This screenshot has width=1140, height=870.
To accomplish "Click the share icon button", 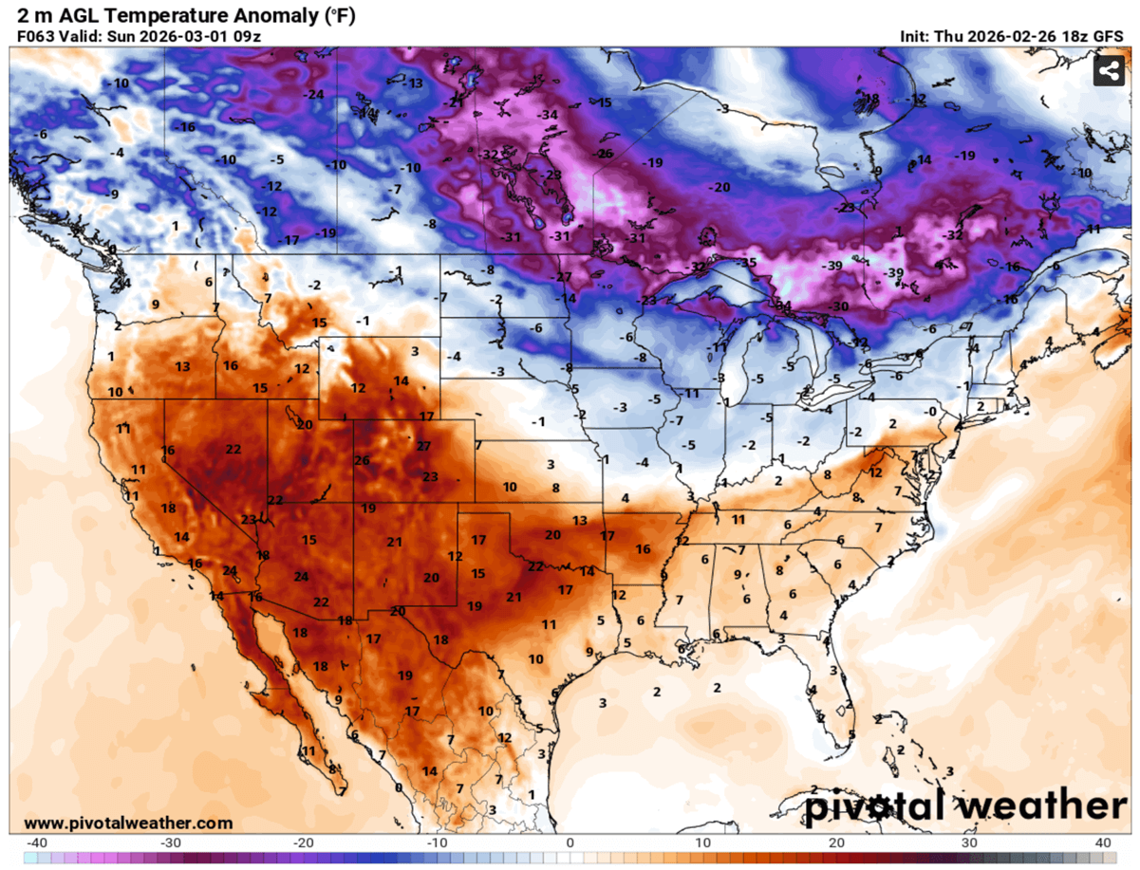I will (x=1107, y=71).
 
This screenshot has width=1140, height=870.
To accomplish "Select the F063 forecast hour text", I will (x=35, y=36).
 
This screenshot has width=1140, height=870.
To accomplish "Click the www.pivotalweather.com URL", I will (x=127, y=823).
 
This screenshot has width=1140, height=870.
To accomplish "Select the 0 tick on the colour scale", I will (x=570, y=842).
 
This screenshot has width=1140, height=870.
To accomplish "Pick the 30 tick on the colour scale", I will (x=970, y=842).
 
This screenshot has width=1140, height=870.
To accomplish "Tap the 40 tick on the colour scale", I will (x=1103, y=842).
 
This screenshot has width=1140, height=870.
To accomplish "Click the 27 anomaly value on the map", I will (x=423, y=446).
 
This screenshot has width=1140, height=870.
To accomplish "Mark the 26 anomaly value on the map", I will (x=362, y=461).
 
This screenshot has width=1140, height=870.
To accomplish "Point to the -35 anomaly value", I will (x=748, y=263).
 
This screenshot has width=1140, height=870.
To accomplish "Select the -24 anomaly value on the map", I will (x=313, y=94).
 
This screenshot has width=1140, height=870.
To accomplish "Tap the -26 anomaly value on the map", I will (x=604, y=154).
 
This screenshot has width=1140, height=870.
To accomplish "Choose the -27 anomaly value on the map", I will (x=564, y=277).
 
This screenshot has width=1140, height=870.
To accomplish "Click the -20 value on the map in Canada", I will (x=720, y=187).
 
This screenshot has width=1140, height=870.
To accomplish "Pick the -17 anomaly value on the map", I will (x=290, y=240).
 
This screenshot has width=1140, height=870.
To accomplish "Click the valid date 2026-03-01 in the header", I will (x=178, y=36).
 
